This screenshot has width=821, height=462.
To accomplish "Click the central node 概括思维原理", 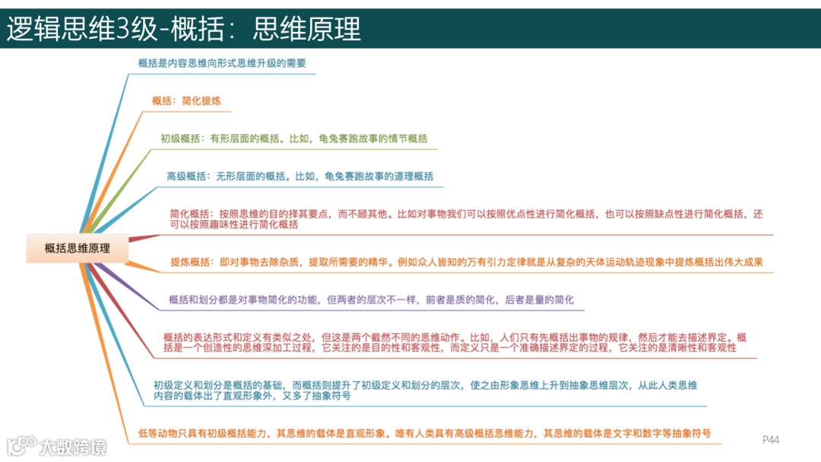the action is (78, 248).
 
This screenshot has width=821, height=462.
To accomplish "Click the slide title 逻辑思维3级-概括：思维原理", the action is (183, 29).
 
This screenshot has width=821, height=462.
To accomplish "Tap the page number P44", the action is (771, 440).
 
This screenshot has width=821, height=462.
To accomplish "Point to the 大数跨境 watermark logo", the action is (58, 445).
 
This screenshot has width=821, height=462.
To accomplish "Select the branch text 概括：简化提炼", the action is (186, 100).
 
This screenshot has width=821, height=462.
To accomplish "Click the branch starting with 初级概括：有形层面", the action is (293, 139).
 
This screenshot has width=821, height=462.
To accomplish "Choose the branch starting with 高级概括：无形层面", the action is (300, 176).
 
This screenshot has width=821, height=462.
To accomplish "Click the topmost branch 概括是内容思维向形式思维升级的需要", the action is (221, 63).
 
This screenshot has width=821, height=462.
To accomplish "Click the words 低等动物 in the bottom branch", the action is (157, 433).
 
